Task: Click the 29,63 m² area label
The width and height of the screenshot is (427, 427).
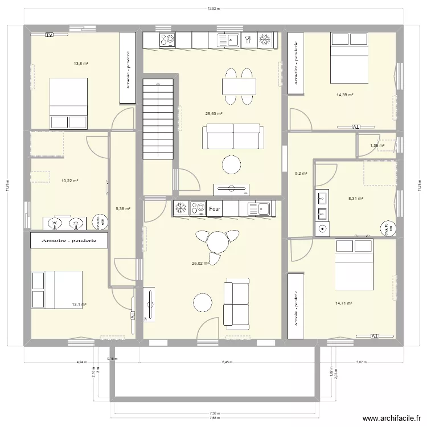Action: (213, 113)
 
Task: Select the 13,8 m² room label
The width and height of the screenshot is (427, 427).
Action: (81, 63)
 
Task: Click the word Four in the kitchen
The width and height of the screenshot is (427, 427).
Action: (215, 210)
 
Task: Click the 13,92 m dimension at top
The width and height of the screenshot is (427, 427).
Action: (213, 9)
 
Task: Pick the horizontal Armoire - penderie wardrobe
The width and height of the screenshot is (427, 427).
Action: (69, 241)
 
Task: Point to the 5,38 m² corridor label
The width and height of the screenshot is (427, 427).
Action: (123, 209)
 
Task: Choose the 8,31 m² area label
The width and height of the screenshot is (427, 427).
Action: (355, 199)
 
